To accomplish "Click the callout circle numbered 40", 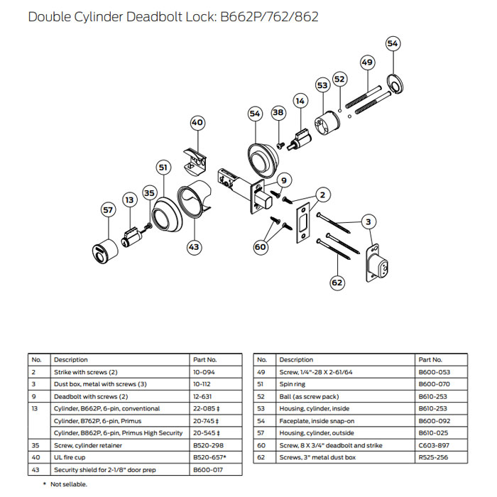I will [x=197, y=123].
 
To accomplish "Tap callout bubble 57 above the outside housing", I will [x=108, y=210].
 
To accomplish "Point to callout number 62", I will [x=337, y=283].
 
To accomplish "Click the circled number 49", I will [x=366, y=62].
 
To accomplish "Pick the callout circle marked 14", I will [x=300, y=102].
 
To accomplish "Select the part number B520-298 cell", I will [x=207, y=444].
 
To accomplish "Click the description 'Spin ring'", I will [x=294, y=384].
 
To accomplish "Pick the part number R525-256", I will [x=433, y=457].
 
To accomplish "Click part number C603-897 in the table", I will [x=433, y=444].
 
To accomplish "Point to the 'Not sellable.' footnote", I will [x=69, y=484].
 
